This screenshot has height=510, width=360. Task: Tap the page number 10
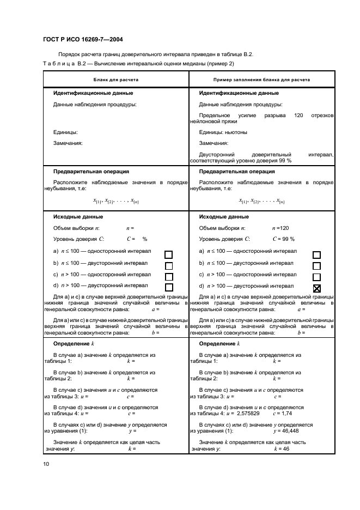point(46,464)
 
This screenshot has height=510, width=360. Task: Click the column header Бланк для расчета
point(115,80)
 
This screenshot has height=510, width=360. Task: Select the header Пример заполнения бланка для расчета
point(261,80)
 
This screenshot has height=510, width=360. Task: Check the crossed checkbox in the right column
point(316,289)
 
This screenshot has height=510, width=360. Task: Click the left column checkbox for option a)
point(169,254)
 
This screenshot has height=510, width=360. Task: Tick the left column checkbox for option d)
point(169,287)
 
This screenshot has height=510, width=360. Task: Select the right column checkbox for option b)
point(316,265)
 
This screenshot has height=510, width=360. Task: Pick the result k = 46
point(282,448)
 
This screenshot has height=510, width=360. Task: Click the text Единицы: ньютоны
point(223,132)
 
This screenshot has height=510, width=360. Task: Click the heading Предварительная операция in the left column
point(91,171)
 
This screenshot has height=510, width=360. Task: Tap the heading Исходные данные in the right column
point(224,217)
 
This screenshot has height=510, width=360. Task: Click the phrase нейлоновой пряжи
point(210,122)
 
